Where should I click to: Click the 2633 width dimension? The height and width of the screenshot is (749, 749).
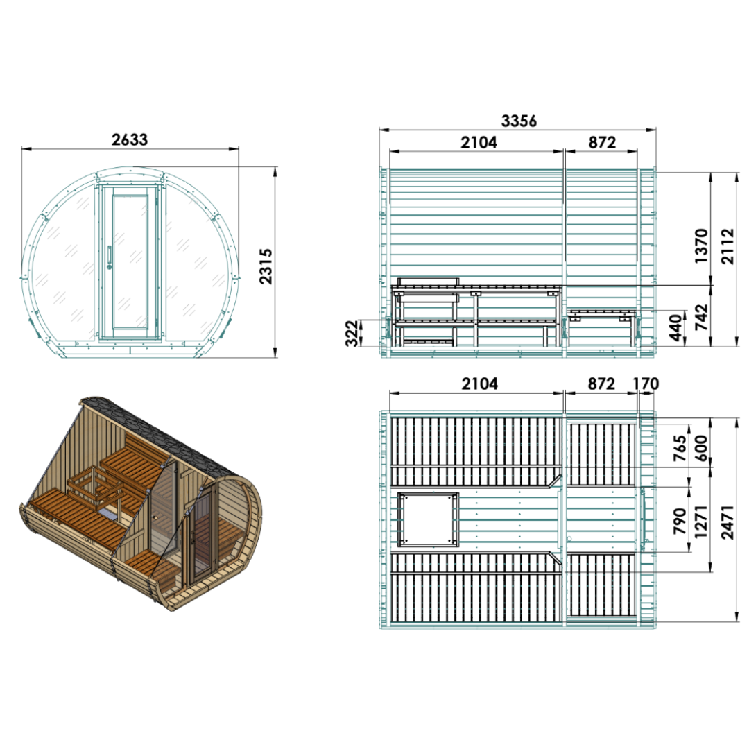pyautogui.click(x=130, y=140)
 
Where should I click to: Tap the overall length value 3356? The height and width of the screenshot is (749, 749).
pyautogui.click(x=519, y=121)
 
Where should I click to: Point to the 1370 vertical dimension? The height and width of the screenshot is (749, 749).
pyautogui.click(x=701, y=246)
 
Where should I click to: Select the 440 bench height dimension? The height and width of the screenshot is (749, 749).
pyautogui.click(x=675, y=327)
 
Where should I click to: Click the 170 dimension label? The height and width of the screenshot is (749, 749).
pyautogui.click(x=646, y=384)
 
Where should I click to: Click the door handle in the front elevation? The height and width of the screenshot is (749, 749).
pyautogui.click(x=109, y=256)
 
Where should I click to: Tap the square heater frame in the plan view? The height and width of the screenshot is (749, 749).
pyautogui.click(x=428, y=519)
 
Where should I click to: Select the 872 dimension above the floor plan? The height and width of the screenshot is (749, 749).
pyautogui.click(x=601, y=384)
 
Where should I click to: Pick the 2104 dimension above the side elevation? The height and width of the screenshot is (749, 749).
pyautogui.click(x=479, y=143)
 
